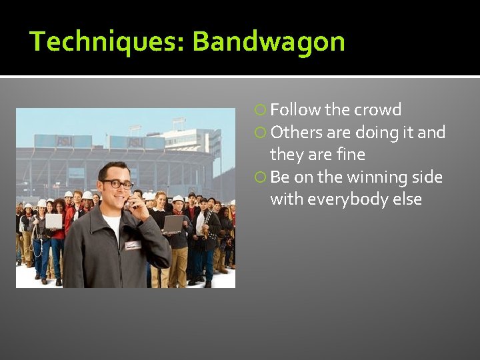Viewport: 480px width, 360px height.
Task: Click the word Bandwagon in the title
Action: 269,41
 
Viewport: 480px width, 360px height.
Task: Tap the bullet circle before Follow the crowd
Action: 262,110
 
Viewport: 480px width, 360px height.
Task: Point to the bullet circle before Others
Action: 262,133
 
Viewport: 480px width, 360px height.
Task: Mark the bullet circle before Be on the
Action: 262,177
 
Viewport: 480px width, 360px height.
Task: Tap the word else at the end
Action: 406,199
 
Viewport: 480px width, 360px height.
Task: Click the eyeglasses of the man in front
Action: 117,183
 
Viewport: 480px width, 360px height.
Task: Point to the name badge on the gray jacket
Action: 133,244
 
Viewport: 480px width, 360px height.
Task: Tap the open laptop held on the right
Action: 174,223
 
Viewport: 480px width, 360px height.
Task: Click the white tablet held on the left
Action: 53,221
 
